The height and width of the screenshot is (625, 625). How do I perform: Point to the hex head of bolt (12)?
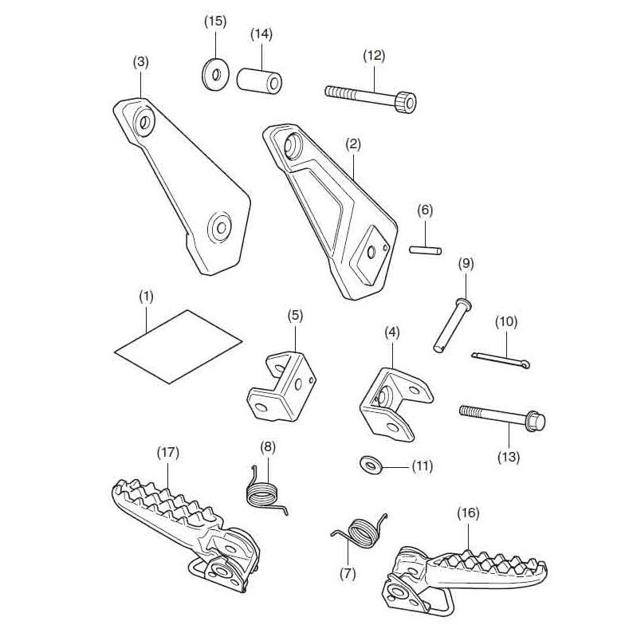tap(406, 102)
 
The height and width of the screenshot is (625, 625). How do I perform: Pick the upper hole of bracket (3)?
tap(145, 122)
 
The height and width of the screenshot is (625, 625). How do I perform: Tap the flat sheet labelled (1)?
tap(179, 344)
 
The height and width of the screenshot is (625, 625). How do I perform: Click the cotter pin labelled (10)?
tap(503, 359)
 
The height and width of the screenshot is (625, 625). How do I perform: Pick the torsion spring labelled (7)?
tap(361, 530)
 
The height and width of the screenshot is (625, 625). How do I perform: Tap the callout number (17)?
tap(168, 453)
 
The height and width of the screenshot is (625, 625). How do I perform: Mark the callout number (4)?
tap(392, 331)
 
